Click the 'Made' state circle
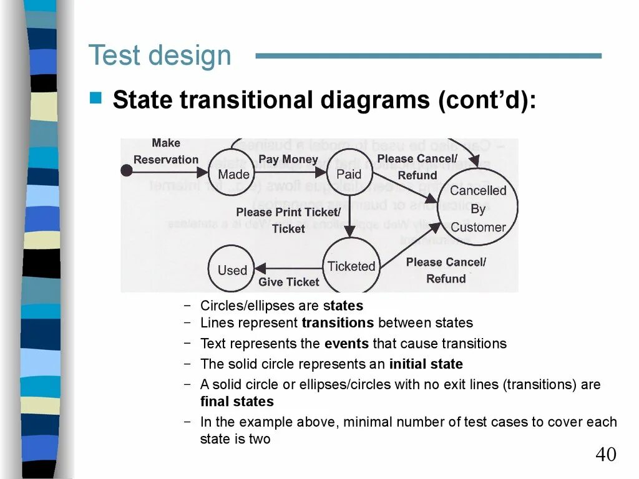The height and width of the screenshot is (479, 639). pos(233,174)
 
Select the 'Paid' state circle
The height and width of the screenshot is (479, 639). pos(349,174)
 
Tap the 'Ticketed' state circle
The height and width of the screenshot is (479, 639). pos(351,266)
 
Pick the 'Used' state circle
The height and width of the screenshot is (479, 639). pos(232,270)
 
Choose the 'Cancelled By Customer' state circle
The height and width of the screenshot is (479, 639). pos(478,208)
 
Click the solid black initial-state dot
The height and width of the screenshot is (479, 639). pos(126,170)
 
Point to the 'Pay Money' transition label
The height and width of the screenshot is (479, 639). pos(288,160)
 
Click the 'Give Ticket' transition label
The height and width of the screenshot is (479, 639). pos(288,282)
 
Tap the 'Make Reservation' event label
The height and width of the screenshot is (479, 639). pos(165,151)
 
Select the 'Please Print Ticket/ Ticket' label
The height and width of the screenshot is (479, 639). pos(288,220)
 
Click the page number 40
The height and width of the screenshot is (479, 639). pos(605,454)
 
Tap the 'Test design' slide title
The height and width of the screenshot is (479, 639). pos(160,56)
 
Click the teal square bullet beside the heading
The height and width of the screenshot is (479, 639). pos(95,98)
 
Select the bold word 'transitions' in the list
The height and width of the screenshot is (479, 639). pos(338,323)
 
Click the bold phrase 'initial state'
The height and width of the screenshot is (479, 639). pos(426,364)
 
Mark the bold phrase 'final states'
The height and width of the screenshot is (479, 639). pos(237,402)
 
